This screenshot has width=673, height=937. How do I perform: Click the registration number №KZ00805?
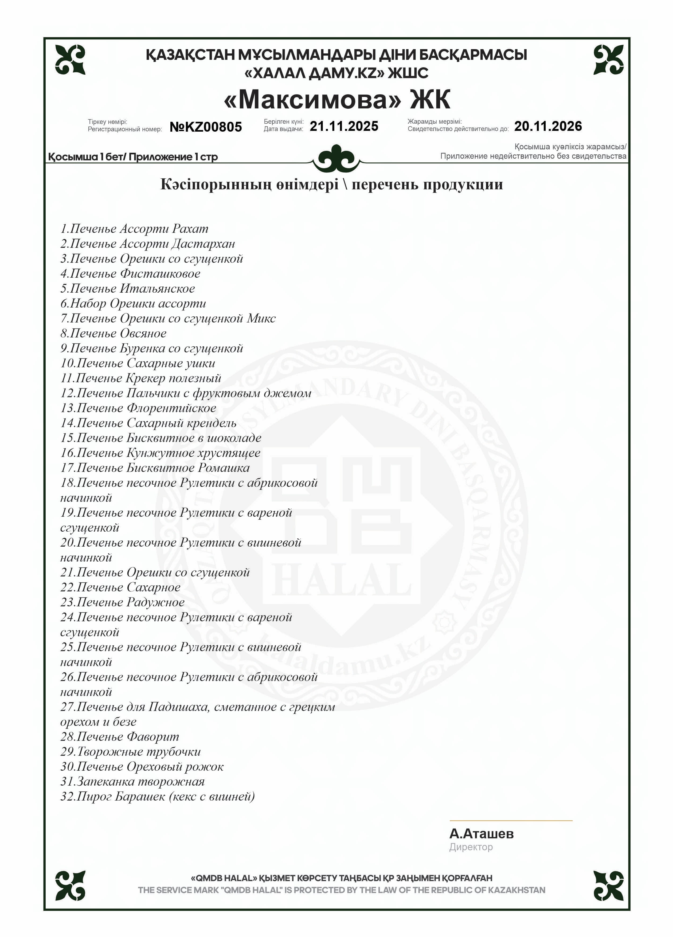[206, 127]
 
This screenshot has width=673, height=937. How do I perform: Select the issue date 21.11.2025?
[344, 126]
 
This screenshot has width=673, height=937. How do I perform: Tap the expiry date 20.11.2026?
[548, 126]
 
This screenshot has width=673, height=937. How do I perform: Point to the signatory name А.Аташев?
[481, 834]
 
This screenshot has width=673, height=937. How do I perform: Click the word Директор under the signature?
[471, 847]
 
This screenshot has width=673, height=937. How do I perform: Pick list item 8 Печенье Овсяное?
[113, 334]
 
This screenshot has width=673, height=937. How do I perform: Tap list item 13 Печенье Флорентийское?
[138, 408]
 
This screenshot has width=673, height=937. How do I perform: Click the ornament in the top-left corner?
[70, 60]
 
